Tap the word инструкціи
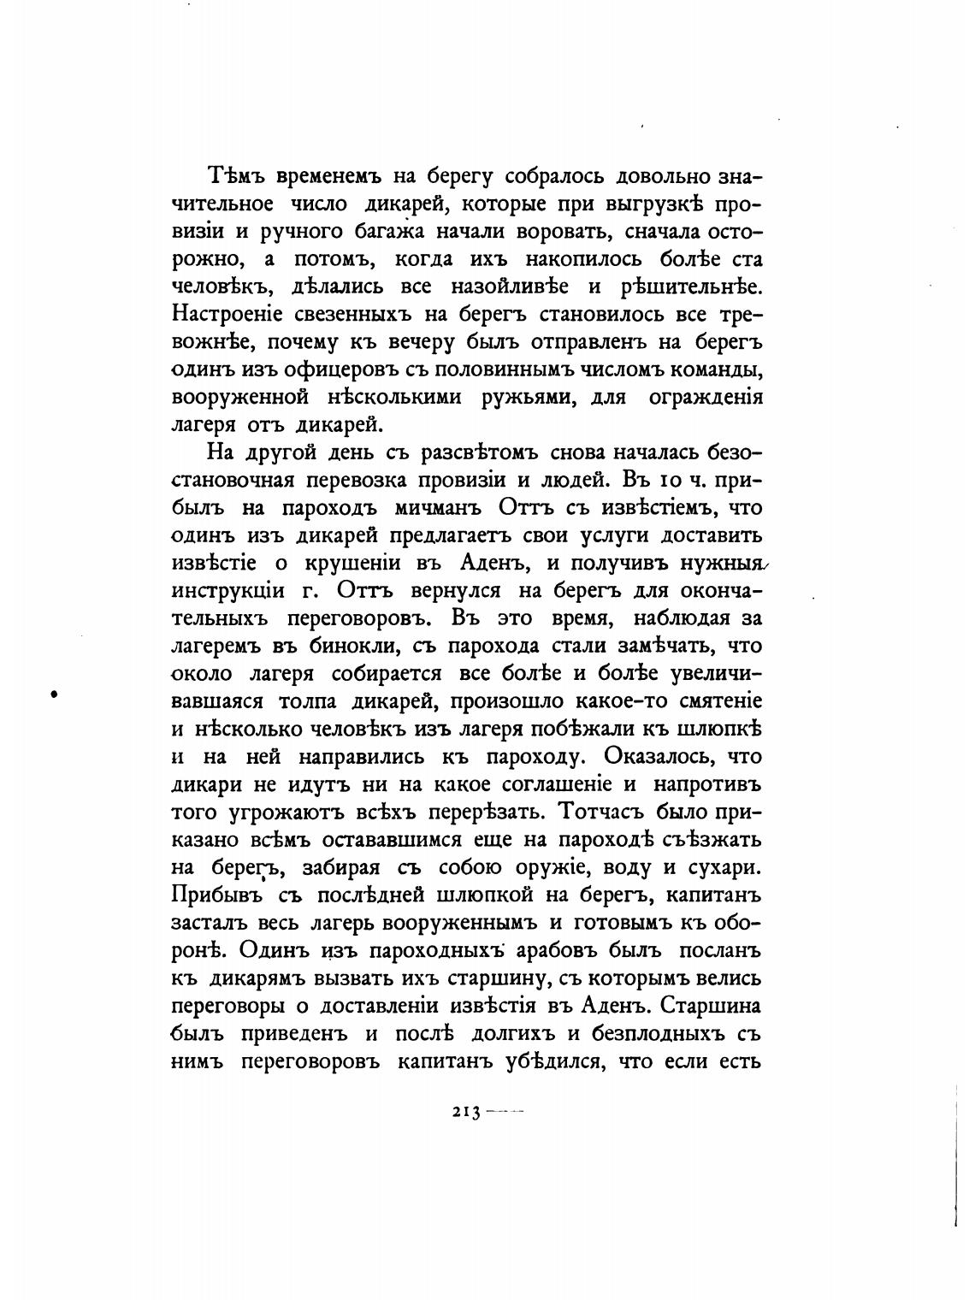229,590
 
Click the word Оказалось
658,756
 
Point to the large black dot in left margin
55,694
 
